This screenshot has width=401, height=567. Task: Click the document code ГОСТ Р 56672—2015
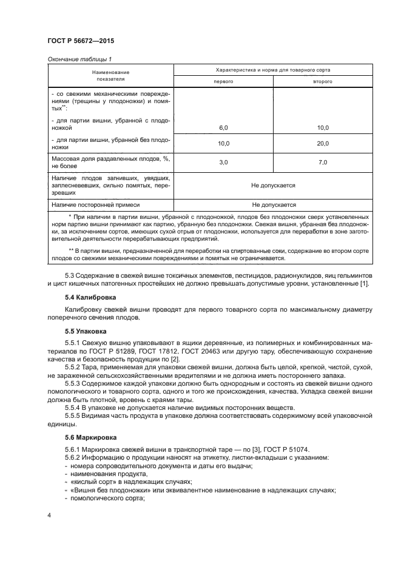tap(80, 41)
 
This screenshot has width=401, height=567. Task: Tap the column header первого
tap(223, 81)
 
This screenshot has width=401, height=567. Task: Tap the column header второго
tap(322, 81)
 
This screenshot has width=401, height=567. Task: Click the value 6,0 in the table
tap(223, 128)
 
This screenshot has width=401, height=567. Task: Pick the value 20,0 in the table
tap(322, 143)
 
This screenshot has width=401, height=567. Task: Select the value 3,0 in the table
tap(223, 162)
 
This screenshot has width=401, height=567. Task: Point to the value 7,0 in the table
tap(322, 162)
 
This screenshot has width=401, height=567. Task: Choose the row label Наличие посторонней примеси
tap(95, 205)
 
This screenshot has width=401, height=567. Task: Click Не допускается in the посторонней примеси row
tap(273, 205)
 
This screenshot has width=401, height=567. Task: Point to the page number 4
tap(49, 514)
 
